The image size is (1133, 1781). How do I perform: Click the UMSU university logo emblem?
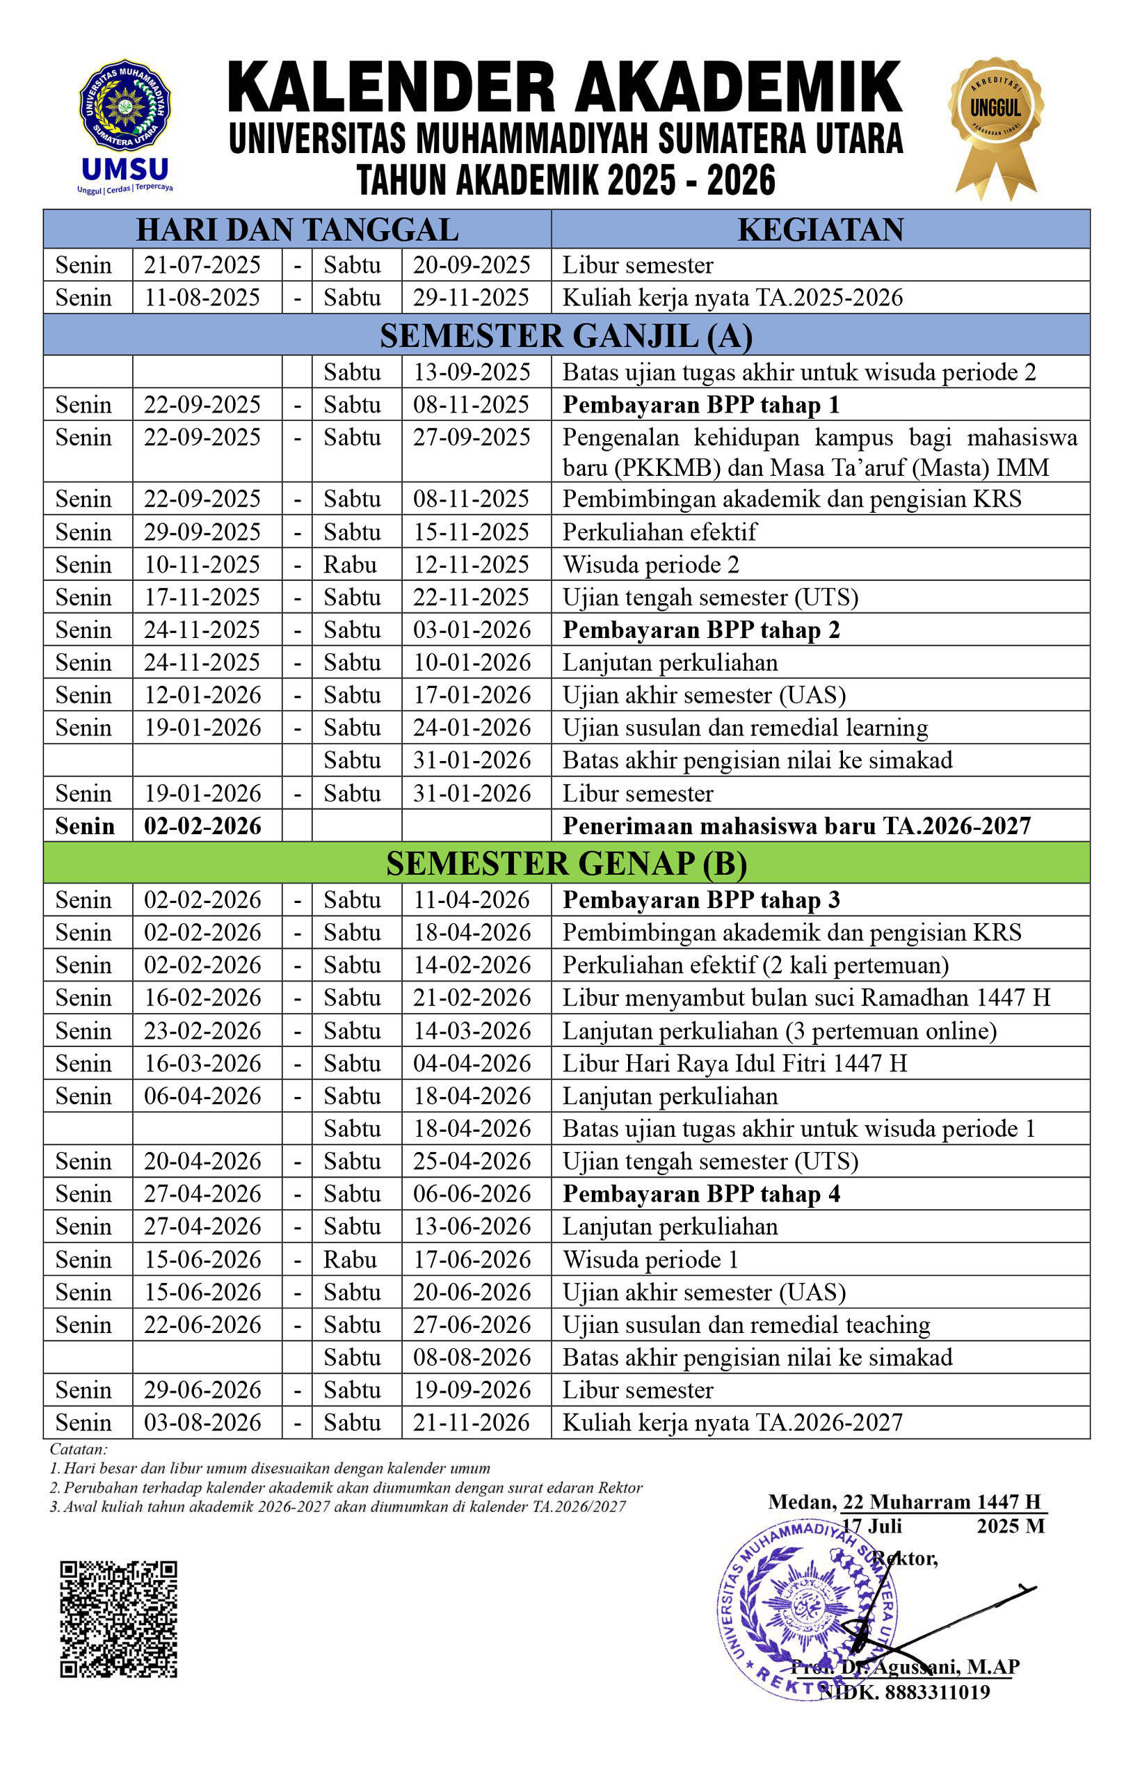(x=124, y=106)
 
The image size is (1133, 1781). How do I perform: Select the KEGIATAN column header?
(x=820, y=230)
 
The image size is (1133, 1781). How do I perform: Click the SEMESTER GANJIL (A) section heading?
(x=565, y=336)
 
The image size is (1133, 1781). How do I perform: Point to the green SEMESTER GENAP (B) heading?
(x=565, y=863)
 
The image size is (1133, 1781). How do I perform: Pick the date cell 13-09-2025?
(x=472, y=372)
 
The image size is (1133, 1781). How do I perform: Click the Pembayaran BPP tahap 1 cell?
(x=701, y=406)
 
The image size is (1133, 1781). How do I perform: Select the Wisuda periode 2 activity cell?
(x=651, y=565)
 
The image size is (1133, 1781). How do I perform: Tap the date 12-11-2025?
(x=471, y=565)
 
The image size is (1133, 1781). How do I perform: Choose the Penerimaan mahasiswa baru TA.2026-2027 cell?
(x=796, y=826)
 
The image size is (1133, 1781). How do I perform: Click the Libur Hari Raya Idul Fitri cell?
(x=734, y=1064)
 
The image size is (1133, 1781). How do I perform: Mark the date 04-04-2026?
(x=472, y=1064)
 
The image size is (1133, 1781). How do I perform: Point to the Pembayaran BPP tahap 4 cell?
(x=701, y=1195)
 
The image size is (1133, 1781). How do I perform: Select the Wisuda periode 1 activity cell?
(x=651, y=1259)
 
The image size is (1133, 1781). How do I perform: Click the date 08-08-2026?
(x=472, y=1358)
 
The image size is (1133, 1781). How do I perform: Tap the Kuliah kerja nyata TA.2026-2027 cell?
(x=732, y=1423)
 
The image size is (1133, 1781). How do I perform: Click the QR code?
(x=118, y=1619)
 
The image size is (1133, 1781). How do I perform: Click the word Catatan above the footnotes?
(x=79, y=1449)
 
